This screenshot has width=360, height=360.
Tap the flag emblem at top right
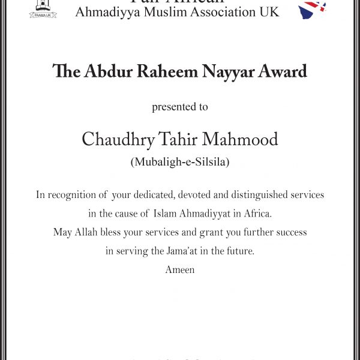point(313,9)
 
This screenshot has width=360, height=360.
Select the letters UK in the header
point(268,12)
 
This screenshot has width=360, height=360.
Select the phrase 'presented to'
point(180,107)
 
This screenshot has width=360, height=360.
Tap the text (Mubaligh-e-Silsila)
point(180,163)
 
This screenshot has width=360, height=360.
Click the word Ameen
point(180,270)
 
